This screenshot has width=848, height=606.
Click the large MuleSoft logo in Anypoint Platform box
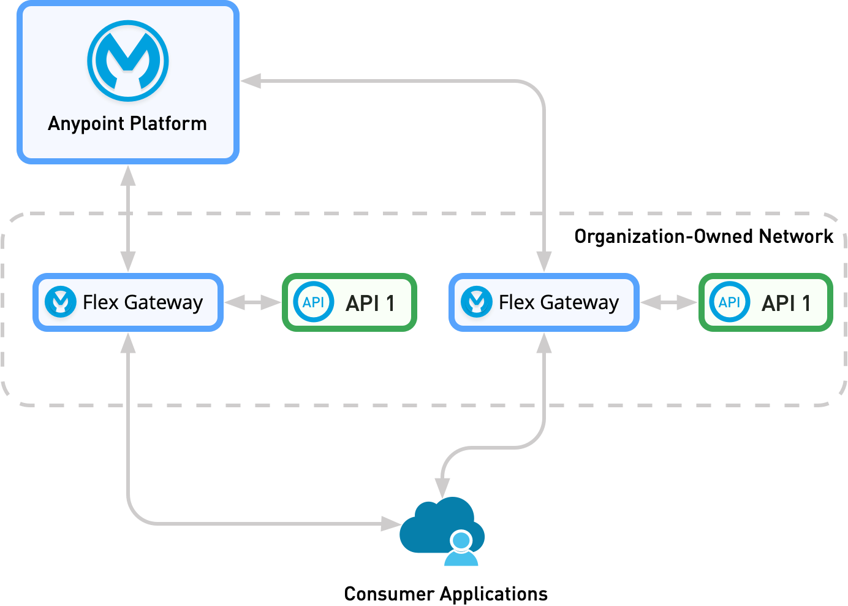[x=127, y=61]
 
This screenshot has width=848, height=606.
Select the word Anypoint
[x=86, y=124]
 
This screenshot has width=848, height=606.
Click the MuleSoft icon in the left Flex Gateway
[x=60, y=302]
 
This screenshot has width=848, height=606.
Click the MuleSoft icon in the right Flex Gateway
[x=476, y=302]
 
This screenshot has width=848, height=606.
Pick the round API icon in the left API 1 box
[x=313, y=302]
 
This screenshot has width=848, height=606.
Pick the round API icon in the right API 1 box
[x=729, y=302]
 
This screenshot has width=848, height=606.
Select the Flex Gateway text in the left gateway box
[x=142, y=302]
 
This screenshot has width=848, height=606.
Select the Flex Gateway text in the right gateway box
[x=558, y=302]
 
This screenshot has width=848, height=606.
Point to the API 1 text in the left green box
[x=370, y=303]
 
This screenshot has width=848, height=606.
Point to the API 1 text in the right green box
[x=786, y=303]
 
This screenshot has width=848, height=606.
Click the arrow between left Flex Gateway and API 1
[x=252, y=302]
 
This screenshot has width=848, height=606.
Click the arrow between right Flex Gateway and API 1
[x=668, y=302]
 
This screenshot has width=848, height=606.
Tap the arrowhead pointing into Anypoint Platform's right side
[x=251, y=81]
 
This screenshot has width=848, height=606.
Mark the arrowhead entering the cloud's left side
[x=390, y=523]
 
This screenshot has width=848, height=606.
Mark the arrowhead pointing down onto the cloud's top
[x=442, y=488]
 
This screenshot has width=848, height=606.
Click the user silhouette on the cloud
[x=461, y=549]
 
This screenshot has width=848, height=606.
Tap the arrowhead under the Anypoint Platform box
[x=127, y=176]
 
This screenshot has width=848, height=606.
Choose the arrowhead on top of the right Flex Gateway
[x=543, y=261]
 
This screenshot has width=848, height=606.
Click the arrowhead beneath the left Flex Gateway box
[x=127, y=343]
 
